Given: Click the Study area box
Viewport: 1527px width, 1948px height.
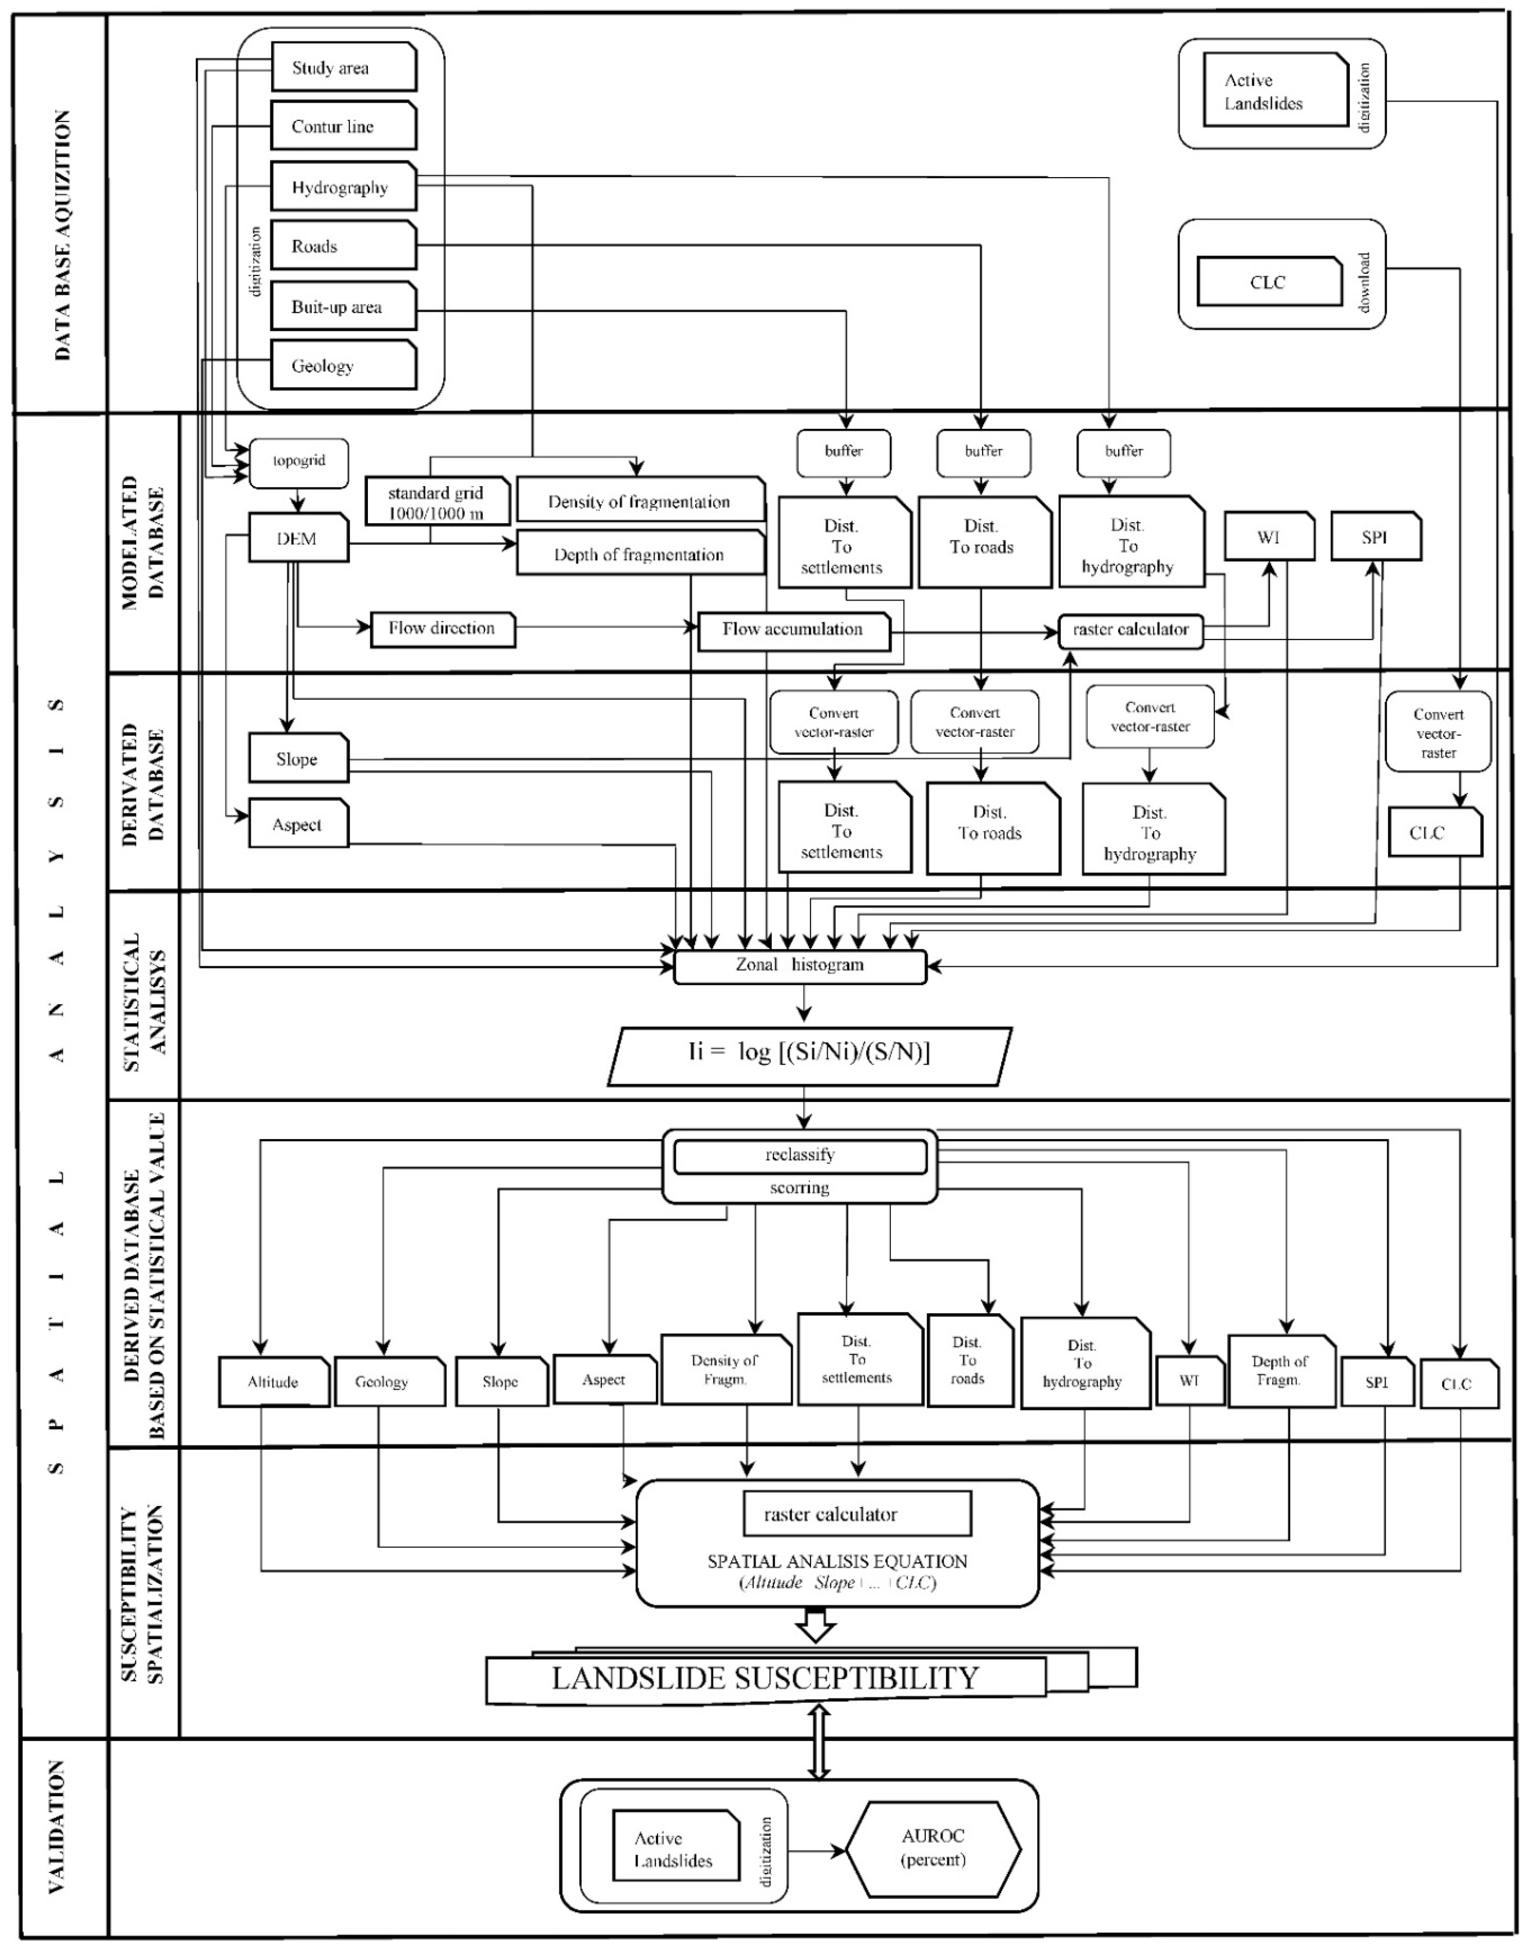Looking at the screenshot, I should (343, 67).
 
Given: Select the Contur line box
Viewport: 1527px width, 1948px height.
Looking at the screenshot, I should (343, 126).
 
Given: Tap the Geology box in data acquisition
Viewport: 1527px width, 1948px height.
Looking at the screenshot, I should (343, 365).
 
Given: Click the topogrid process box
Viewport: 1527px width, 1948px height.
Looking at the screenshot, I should (298, 461).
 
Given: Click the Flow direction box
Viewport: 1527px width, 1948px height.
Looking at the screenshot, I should (442, 629).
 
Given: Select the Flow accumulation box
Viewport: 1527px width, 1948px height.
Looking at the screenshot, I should (793, 630).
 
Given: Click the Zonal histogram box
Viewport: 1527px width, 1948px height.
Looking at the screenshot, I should (799, 966).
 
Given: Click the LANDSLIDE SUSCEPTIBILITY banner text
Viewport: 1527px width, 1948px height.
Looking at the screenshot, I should (765, 1678).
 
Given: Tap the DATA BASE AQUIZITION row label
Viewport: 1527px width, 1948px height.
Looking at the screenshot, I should (61, 235).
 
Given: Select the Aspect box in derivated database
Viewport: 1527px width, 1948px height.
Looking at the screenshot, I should (298, 824).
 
